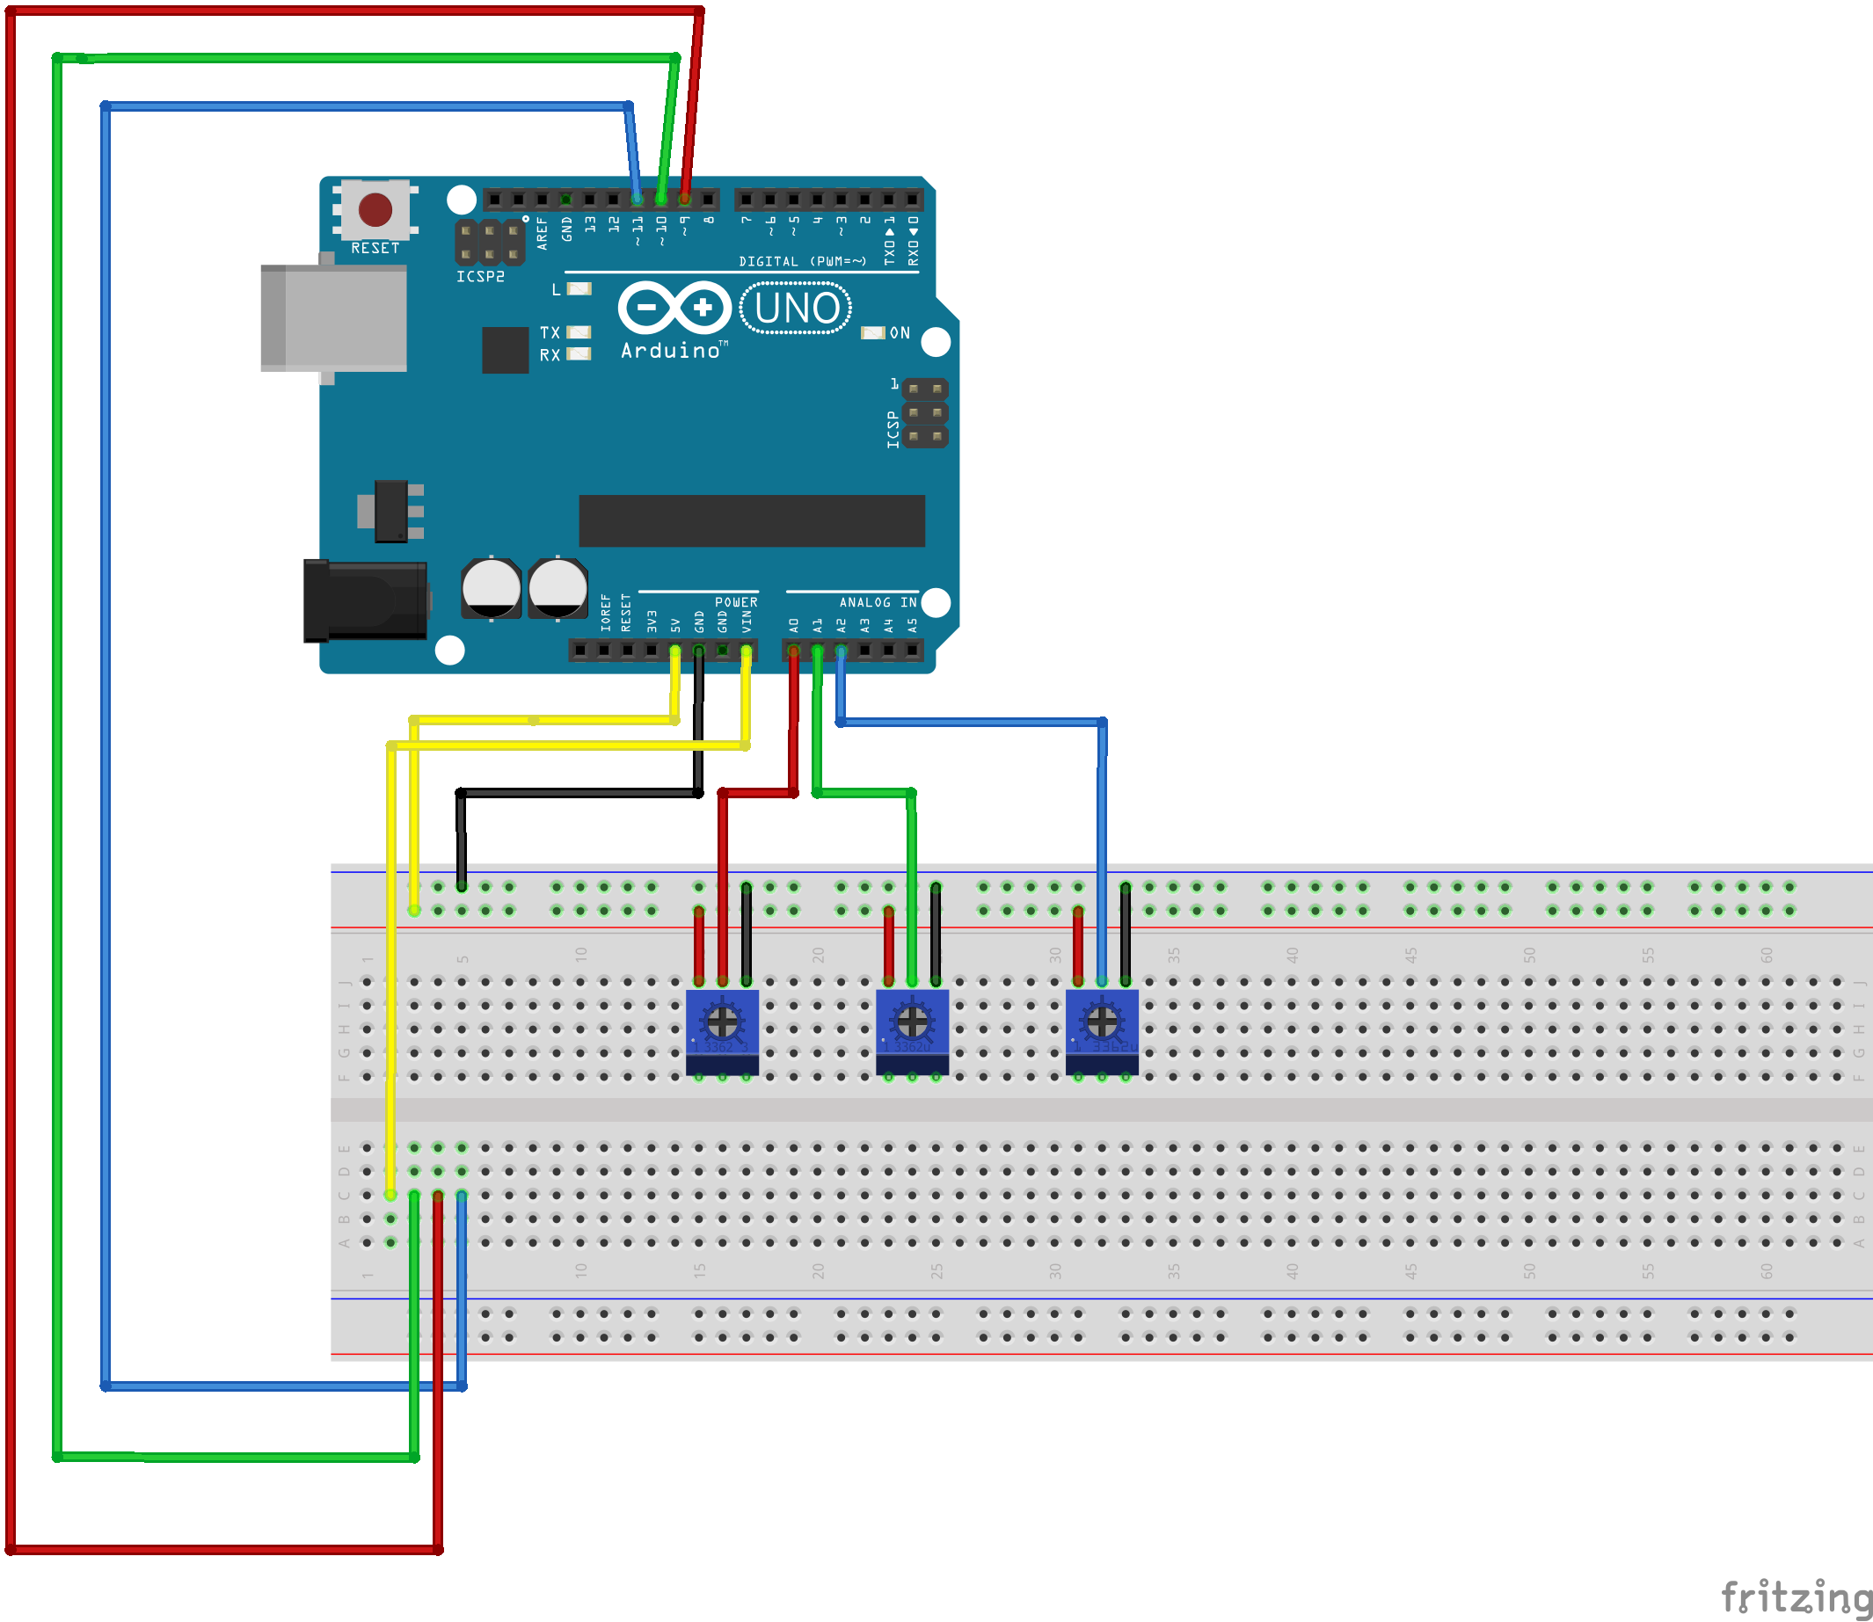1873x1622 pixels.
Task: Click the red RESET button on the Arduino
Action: tap(375, 210)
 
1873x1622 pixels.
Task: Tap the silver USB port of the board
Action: tap(334, 317)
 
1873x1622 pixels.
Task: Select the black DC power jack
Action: tap(366, 600)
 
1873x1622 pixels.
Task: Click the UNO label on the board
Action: tap(796, 309)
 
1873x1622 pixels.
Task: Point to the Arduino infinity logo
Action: tap(674, 308)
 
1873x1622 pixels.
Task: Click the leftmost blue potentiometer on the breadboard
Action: tap(721, 1032)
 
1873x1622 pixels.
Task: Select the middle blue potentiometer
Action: tap(912, 1032)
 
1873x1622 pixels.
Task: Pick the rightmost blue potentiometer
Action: tap(1102, 1032)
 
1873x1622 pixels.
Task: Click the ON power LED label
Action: tap(899, 333)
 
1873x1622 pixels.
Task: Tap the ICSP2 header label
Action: tap(480, 277)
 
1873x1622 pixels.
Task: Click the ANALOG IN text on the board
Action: tap(878, 602)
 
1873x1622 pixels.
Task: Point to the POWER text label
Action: tap(736, 602)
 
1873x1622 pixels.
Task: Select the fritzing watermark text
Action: tap(1795, 1597)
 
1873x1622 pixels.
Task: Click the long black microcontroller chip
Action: tap(751, 520)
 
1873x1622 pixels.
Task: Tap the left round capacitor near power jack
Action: tap(491, 588)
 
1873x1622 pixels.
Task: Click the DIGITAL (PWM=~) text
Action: tap(802, 262)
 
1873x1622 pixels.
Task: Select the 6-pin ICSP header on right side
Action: tap(924, 412)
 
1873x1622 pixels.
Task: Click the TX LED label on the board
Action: tap(550, 333)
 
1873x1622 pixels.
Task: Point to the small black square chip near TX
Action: tap(505, 349)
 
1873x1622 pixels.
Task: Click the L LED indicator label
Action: tap(556, 289)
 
